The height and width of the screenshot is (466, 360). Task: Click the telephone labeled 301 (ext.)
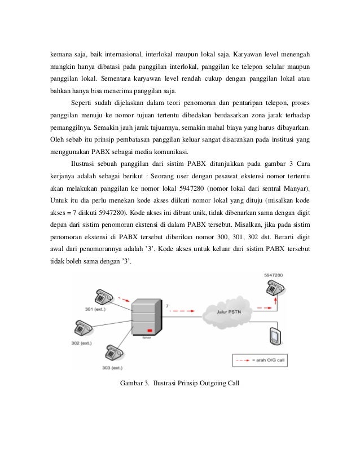coord(103,297)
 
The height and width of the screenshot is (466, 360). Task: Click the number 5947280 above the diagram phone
coord(274,275)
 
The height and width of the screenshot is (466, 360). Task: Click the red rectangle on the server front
coord(150,330)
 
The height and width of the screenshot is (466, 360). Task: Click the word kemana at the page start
coord(57,55)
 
